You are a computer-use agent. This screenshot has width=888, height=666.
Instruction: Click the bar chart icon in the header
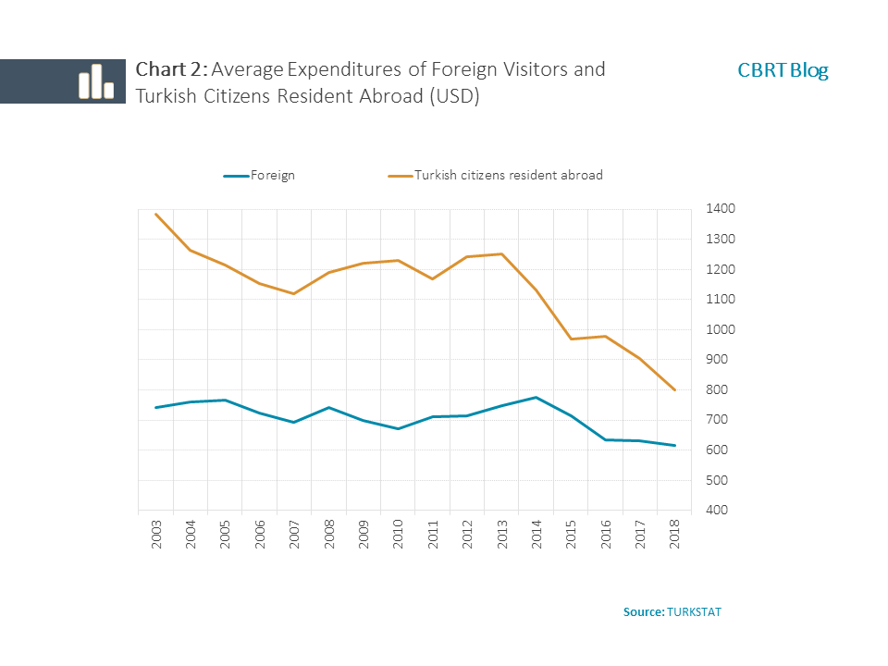(95, 81)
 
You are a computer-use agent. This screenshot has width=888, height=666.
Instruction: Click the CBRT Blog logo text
(783, 70)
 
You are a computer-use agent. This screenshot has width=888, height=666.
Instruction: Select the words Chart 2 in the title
(171, 69)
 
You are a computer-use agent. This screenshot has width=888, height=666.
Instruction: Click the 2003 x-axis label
(156, 536)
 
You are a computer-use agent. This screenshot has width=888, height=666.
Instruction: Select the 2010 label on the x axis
(398, 536)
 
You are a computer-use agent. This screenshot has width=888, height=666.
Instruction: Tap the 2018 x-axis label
(674, 536)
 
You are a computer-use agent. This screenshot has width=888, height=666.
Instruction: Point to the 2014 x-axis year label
(536, 536)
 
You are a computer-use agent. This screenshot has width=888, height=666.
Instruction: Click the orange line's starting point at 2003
(156, 215)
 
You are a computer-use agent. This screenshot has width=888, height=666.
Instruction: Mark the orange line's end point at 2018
(674, 389)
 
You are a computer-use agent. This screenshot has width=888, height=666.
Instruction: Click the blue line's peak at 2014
(536, 397)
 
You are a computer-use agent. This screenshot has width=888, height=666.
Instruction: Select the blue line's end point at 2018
(674, 445)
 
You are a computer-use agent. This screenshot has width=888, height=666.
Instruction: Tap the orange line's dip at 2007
(294, 293)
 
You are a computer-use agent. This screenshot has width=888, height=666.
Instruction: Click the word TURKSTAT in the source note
(693, 612)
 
